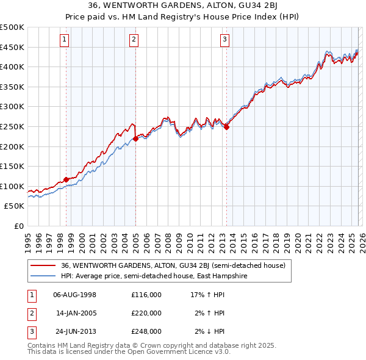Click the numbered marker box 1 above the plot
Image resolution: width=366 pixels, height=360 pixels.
[65, 40]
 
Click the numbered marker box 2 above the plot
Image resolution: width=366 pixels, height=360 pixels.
[134, 40]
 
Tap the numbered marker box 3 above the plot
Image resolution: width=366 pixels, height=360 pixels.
[224, 40]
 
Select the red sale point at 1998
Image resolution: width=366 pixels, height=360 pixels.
[66, 180]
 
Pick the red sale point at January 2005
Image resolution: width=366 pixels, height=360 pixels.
[135, 139]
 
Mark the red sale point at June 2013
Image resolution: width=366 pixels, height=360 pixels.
[226, 127]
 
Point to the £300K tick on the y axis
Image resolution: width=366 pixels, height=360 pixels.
[12, 107]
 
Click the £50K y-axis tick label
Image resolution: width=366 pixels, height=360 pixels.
[14, 206]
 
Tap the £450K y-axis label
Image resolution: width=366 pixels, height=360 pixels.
[12, 47]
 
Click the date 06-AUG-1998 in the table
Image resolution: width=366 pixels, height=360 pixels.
[75, 295]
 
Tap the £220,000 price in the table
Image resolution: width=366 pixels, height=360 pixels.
[146, 313]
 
